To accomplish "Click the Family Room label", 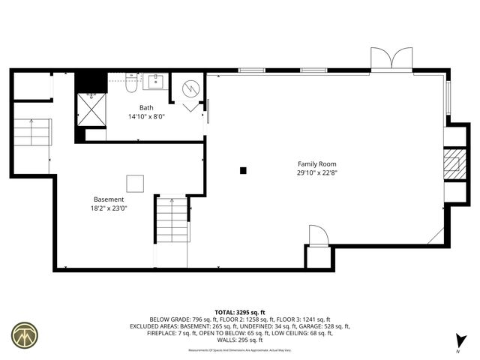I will [x=316, y=163].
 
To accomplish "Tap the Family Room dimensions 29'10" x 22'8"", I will [x=316, y=172].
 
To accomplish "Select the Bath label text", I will [x=146, y=108].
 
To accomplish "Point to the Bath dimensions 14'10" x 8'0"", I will [x=146, y=116].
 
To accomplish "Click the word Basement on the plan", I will [x=109, y=199].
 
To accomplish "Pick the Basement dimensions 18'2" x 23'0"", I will [x=109, y=208].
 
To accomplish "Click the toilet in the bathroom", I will [x=130, y=84].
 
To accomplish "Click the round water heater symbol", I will [x=190, y=89].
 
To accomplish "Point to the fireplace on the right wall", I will [x=452, y=165].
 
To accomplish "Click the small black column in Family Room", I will [x=243, y=171].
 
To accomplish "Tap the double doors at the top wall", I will [x=391, y=59].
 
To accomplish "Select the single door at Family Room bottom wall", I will [x=318, y=237].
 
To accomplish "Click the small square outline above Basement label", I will [x=134, y=184].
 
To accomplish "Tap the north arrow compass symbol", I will [x=460, y=341].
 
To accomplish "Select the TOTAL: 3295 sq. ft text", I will [x=239, y=312].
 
